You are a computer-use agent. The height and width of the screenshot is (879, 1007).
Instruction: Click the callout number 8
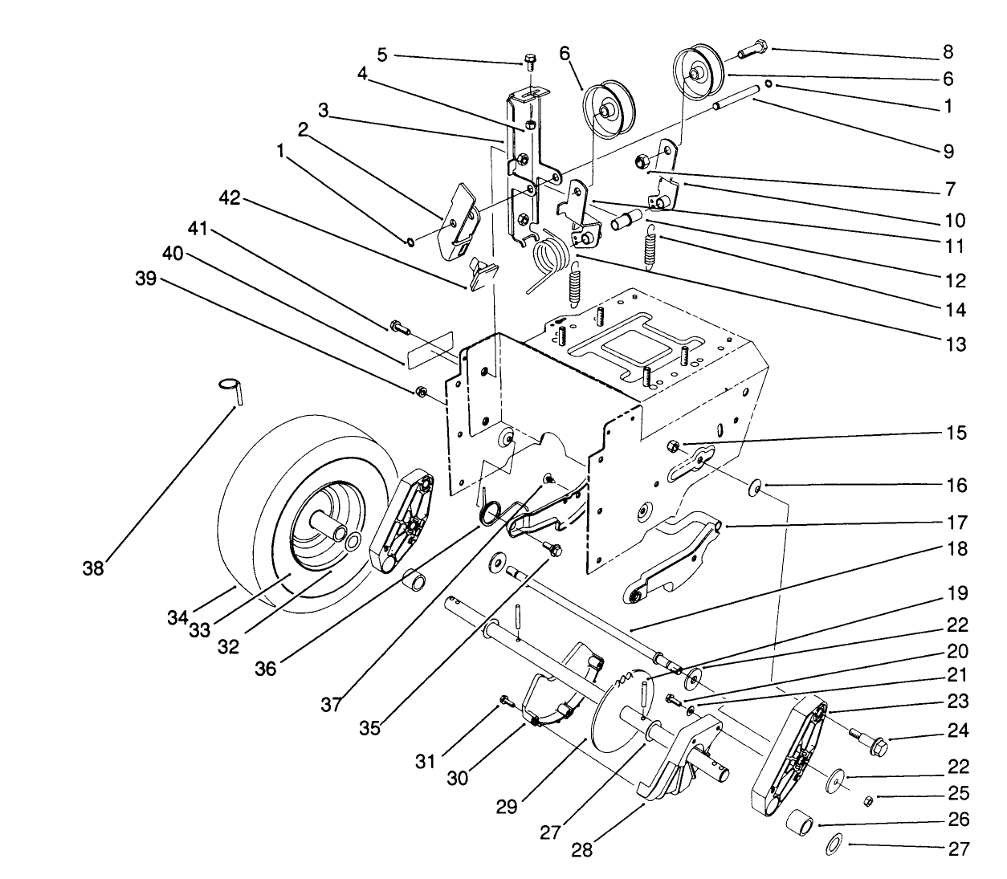pyautogui.click(x=948, y=52)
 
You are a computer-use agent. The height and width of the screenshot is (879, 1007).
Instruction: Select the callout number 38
pyautogui.click(x=94, y=568)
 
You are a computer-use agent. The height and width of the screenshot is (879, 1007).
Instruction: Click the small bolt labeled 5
pyautogui.click(x=529, y=61)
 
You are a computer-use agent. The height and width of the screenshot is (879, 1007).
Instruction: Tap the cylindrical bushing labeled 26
pyautogui.click(x=800, y=824)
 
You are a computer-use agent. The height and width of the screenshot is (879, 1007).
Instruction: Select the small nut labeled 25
pyautogui.click(x=867, y=800)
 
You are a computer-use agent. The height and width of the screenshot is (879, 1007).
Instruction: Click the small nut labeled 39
pyautogui.click(x=420, y=392)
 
